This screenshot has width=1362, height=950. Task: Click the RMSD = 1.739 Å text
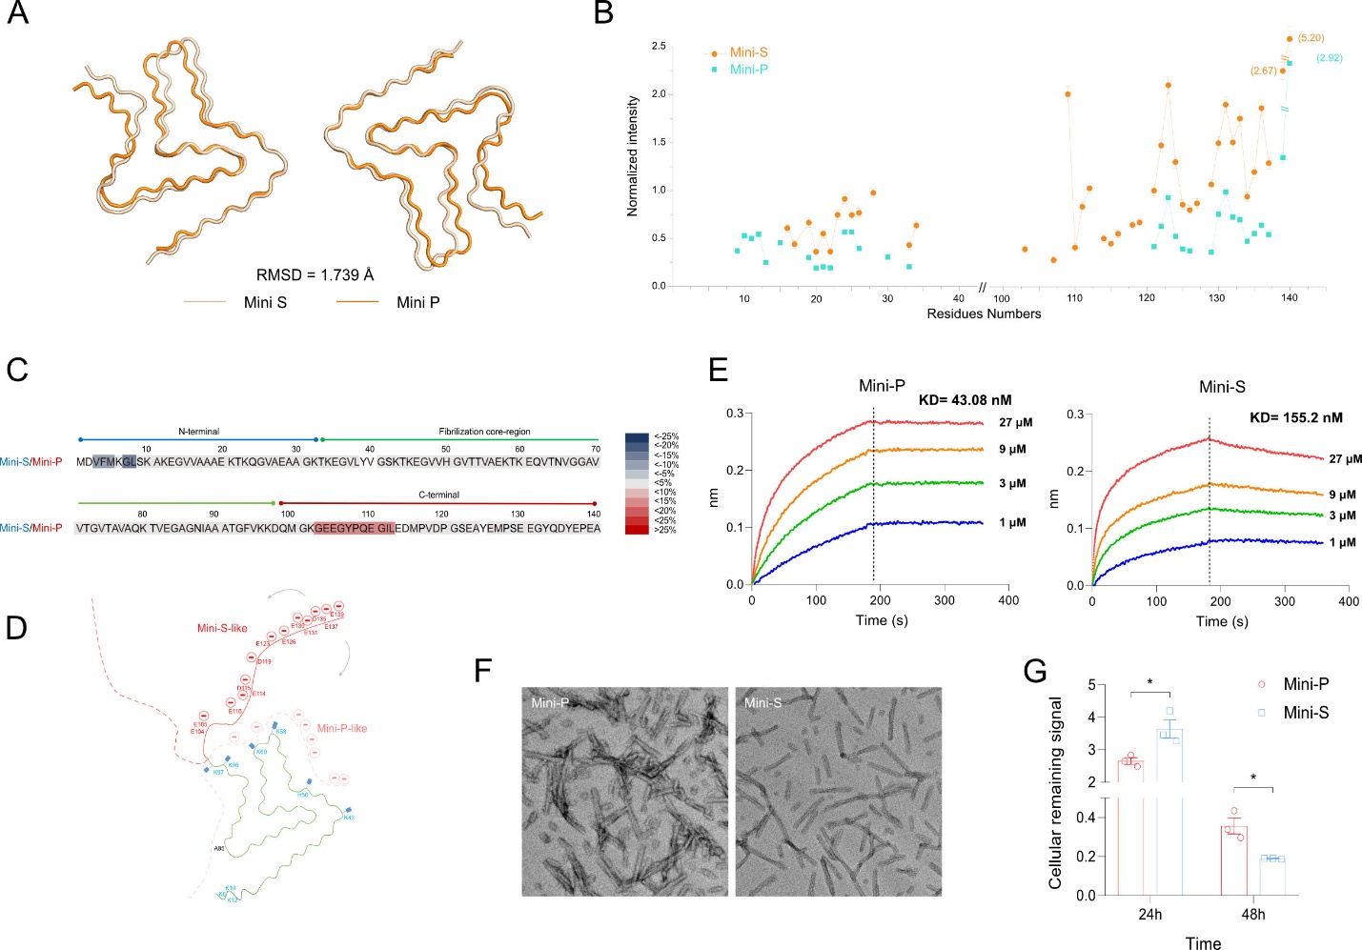tap(315, 275)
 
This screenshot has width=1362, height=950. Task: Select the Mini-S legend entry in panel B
tap(747, 52)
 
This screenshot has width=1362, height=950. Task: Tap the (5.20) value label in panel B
tap(1311, 38)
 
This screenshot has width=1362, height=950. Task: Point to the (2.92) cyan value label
tap(1329, 58)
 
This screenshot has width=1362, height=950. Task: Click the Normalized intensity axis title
tap(633, 155)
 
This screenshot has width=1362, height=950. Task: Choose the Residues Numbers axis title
tap(984, 313)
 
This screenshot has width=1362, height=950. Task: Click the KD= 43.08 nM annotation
tap(965, 400)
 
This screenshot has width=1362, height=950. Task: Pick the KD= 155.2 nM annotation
tap(1295, 417)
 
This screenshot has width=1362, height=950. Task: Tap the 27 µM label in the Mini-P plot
tap(1015, 422)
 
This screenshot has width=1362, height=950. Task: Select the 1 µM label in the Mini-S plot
tap(1342, 542)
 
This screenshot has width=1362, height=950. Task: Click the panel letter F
tap(483, 671)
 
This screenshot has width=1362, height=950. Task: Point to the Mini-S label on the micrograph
tap(762, 703)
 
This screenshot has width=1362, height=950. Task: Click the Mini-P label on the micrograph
tap(550, 703)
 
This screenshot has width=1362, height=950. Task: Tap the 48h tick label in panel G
tap(1252, 915)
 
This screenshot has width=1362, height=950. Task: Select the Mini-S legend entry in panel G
tap(1305, 713)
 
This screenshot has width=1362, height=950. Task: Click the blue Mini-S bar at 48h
tap(1271, 877)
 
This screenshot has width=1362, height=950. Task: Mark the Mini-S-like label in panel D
tap(222, 628)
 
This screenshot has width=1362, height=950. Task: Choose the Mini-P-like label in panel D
tap(341, 728)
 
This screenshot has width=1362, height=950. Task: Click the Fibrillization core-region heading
tap(484, 432)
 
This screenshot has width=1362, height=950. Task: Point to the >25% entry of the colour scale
tap(665, 530)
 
